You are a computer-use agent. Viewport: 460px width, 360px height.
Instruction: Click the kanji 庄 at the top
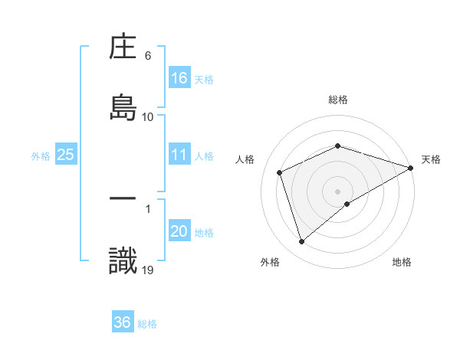pyautogui.click(x=123, y=47)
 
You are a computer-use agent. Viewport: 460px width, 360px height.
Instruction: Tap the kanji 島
pyautogui.click(x=123, y=105)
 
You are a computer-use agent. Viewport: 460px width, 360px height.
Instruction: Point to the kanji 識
pyautogui.click(x=123, y=261)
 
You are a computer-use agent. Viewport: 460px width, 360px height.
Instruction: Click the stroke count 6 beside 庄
pyautogui.click(x=148, y=56)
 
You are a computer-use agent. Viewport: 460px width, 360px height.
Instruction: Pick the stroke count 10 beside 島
pyautogui.click(x=148, y=116)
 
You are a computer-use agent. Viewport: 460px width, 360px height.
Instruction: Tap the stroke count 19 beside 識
pyautogui.click(x=148, y=270)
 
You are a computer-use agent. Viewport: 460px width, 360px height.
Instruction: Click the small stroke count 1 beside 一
pyautogui.click(x=147, y=208)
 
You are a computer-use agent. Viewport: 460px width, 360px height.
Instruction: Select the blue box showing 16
pyautogui.click(x=179, y=77)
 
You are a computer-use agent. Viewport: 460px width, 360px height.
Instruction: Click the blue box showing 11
pyautogui.click(x=179, y=155)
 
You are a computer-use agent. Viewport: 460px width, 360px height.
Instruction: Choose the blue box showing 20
pyautogui.click(x=179, y=231)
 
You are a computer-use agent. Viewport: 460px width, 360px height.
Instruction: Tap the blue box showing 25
pyautogui.click(x=65, y=155)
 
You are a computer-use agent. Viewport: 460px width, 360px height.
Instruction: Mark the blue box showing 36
pyautogui.click(x=123, y=322)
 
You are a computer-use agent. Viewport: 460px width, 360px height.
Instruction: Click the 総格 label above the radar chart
pyautogui.click(x=338, y=100)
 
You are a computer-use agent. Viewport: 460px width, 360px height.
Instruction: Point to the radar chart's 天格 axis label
pyautogui.click(x=431, y=159)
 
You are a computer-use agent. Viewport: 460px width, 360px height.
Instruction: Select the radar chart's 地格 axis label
pyautogui.click(x=402, y=262)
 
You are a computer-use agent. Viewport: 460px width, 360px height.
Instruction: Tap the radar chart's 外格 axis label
pyautogui.click(x=270, y=262)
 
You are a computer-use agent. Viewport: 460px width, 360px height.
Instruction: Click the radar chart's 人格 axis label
pyautogui.click(x=245, y=159)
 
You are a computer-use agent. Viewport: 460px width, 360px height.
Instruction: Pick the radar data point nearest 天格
pyautogui.click(x=412, y=168)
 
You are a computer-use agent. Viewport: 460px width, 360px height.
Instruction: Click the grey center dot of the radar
pyautogui.click(x=338, y=191)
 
